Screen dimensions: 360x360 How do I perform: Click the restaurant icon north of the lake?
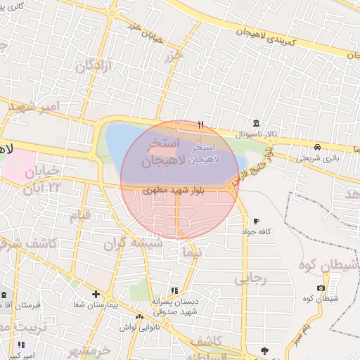coord(201,125)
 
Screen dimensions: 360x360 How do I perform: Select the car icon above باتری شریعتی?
coord(318,148)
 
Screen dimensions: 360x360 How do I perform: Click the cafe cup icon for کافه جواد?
coord(256,221)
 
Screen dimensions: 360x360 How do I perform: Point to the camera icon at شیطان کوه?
coord(321,288)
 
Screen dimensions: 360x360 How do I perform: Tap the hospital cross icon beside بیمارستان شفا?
coord(96,295)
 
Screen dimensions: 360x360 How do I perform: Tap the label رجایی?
coord(255,280)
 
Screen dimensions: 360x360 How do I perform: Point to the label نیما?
coord(191,251)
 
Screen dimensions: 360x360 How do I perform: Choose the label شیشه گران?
coord(133,243)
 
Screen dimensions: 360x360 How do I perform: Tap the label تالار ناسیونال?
coord(257,133)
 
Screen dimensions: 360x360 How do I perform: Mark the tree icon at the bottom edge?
coord(264,351)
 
